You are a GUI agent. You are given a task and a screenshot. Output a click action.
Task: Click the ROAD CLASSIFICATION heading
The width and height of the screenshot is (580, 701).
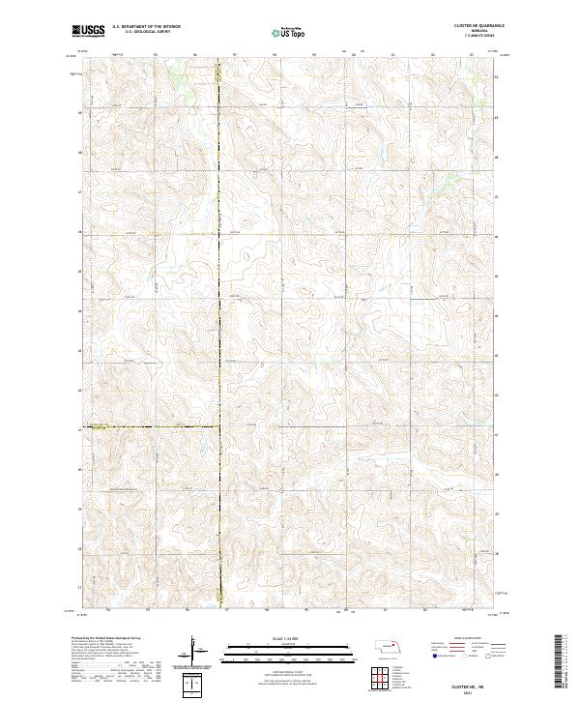pyautogui.click(x=461, y=639)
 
